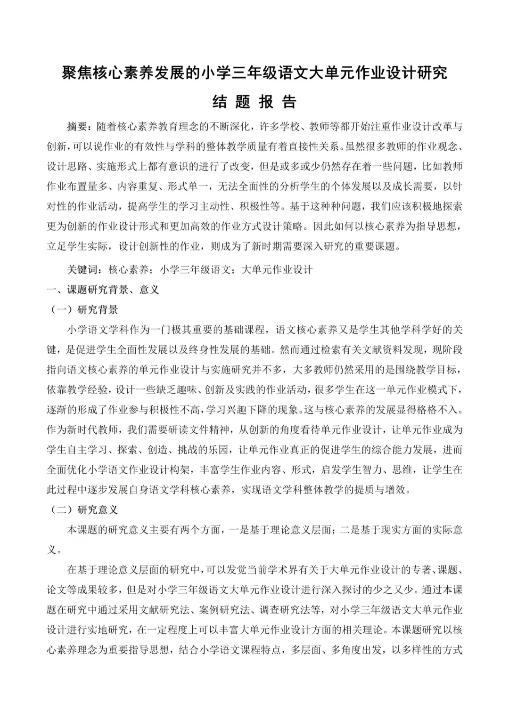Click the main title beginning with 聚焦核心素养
point(254,73)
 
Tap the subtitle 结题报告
point(254,101)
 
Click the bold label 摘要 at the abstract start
point(77,127)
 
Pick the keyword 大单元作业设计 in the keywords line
point(277,270)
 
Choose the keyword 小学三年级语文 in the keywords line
point(195,270)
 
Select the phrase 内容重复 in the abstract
point(139,186)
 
